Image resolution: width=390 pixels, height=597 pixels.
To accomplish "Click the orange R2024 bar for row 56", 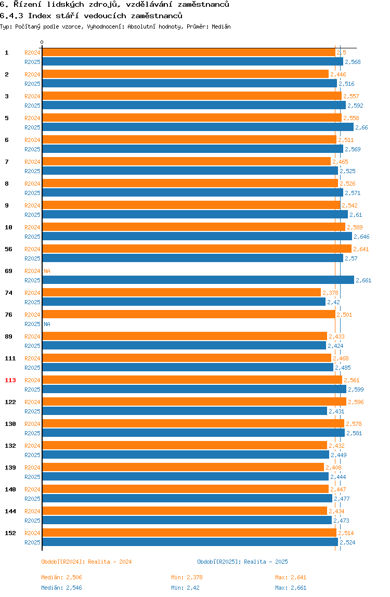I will point(197,249).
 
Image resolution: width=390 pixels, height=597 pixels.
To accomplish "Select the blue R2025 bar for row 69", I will point(198,280).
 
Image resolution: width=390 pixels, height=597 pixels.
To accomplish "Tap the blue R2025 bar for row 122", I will point(184,411).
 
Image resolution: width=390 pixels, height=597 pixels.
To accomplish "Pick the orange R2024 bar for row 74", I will point(181,293).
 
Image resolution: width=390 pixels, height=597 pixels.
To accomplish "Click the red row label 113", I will point(10,380).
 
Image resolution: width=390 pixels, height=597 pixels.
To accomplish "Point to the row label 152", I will point(10,533).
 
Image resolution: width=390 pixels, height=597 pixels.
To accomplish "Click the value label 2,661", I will point(363,281).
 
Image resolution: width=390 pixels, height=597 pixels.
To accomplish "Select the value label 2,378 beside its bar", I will point(330,293).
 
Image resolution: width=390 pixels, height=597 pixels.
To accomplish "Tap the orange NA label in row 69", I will point(47,271).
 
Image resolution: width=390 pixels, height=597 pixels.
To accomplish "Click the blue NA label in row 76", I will point(47,325).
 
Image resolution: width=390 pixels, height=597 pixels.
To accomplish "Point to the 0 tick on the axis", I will point(42,43).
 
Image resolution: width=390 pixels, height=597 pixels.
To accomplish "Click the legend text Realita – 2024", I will point(110,562).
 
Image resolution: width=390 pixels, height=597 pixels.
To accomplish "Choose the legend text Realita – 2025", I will point(266,562).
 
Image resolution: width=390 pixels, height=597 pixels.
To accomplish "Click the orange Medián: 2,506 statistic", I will point(61,577).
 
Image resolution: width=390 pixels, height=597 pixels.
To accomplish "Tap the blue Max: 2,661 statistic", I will point(291,588).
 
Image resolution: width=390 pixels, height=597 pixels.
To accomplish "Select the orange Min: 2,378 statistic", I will point(187,577).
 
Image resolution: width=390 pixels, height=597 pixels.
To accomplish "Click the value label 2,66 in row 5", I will point(361,128).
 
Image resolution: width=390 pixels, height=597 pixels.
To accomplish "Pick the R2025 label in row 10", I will point(32,237).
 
